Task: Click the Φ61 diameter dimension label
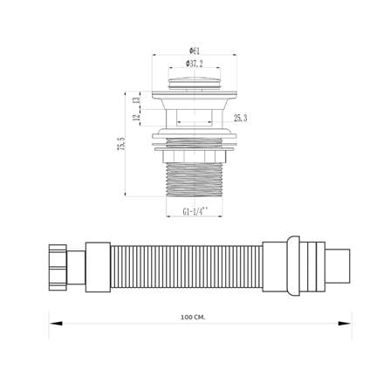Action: tap(195, 51)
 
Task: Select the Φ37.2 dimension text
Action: tap(195, 64)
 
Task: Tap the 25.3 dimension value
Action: tap(241, 118)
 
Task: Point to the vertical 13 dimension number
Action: tap(136, 100)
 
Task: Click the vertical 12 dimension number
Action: tap(136, 118)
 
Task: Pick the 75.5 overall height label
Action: tap(121, 144)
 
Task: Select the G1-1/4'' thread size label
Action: tap(195, 211)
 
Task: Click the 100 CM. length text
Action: tap(193, 317)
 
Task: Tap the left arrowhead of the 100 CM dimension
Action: tap(56, 323)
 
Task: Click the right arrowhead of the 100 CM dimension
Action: tap(345, 323)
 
